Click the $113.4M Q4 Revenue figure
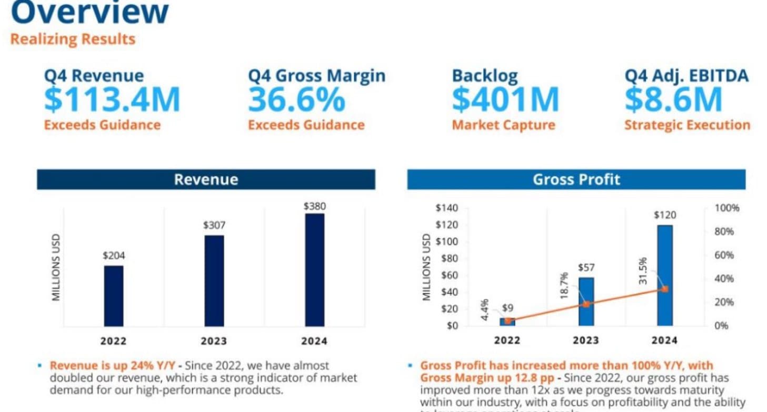click(x=112, y=99)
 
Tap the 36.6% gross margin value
click(x=296, y=99)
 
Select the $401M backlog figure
click(x=505, y=99)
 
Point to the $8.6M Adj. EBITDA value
click(x=673, y=99)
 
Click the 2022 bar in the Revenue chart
click(x=113, y=296)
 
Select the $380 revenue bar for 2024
click(x=314, y=269)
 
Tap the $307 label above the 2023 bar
click(x=214, y=225)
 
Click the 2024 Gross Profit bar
click(x=664, y=275)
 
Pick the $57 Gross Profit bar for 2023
click(x=586, y=301)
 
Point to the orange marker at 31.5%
click(x=665, y=289)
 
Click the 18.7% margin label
click(x=564, y=286)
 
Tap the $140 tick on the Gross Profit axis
click(x=446, y=208)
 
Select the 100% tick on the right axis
click(x=727, y=208)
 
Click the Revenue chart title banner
click(x=206, y=179)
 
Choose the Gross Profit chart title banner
click(x=576, y=179)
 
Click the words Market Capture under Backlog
click(x=503, y=125)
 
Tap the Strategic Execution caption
click(x=687, y=125)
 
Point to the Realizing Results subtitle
click(x=73, y=39)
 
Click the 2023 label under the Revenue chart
click(x=214, y=341)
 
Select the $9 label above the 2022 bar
click(x=507, y=308)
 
